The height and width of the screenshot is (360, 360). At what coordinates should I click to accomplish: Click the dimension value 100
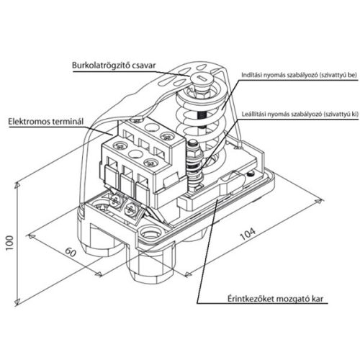(x=9, y=243)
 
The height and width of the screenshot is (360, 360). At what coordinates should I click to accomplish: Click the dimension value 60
(x=71, y=252)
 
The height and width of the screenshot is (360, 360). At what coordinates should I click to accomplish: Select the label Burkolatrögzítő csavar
(x=114, y=66)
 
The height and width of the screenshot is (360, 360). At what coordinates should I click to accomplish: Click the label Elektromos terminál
(x=46, y=122)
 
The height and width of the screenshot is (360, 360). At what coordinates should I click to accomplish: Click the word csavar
(x=144, y=66)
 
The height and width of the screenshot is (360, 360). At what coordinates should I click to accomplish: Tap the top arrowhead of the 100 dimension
(x=17, y=185)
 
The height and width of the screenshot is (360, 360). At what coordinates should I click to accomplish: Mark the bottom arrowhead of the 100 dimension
(x=17, y=303)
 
